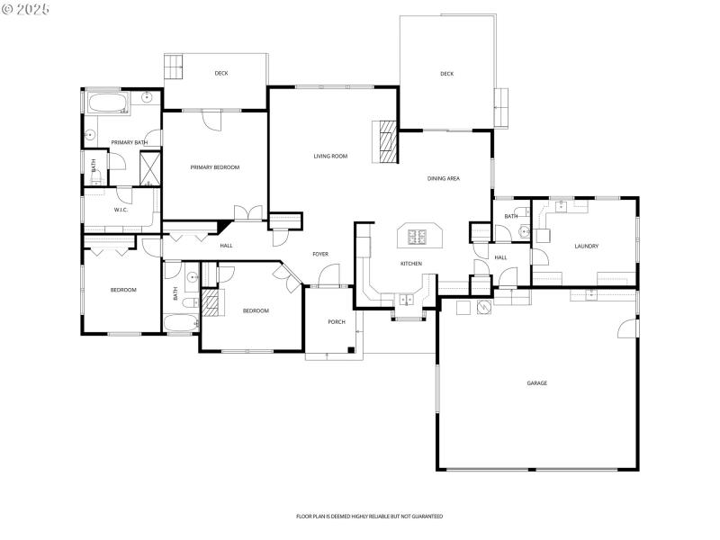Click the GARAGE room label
(x=536, y=383)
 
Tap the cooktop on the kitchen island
(x=418, y=238)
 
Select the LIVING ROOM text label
(x=330, y=157)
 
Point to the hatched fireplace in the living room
(x=387, y=141)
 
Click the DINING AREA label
(x=443, y=179)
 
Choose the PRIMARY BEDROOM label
(x=214, y=167)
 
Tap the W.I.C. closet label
(x=121, y=210)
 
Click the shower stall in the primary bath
(x=149, y=168)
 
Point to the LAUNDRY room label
(x=587, y=246)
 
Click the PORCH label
(x=336, y=321)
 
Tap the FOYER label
(x=319, y=255)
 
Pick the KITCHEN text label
(x=411, y=264)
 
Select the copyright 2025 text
(x=26, y=8)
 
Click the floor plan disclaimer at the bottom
(x=369, y=517)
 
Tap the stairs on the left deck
(x=174, y=67)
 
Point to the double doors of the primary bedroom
(x=247, y=213)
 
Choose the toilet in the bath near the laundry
(x=523, y=232)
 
